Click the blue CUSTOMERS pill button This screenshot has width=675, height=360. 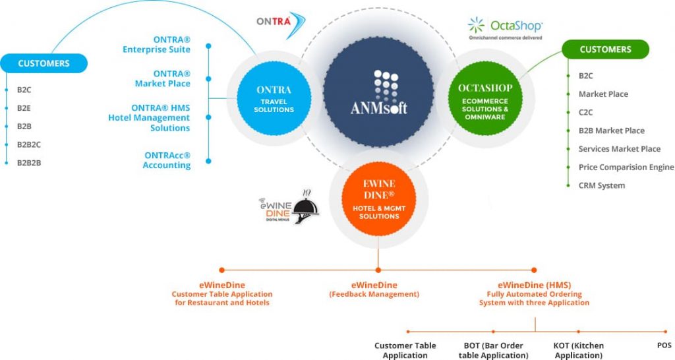click(x=44, y=63)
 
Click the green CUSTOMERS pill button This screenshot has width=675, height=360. click(x=605, y=49)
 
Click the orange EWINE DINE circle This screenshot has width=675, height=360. click(x=379, y=196)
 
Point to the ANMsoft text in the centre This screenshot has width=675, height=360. click(x=378, y=107)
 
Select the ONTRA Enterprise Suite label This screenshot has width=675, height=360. click(x=156, y=45)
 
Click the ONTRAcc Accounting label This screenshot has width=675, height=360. click(x=167, y=160)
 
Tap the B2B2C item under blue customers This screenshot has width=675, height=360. click(x=29, y=144)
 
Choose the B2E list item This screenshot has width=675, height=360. click(x=24, y=107)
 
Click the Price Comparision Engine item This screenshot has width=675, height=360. click(x=626, y=167)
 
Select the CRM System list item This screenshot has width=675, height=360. click(x=601, y=186)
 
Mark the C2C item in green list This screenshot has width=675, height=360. click(x=586, y=112)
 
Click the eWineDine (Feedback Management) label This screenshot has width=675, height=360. click(x=374, y=289)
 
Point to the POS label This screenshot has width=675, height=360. click(x=662, y=345)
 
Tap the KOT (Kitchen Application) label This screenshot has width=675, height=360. click(x=578, y=350)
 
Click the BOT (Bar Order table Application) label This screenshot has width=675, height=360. click(x=493, y=350)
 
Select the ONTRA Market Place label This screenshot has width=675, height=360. click(x=162, y=78)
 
